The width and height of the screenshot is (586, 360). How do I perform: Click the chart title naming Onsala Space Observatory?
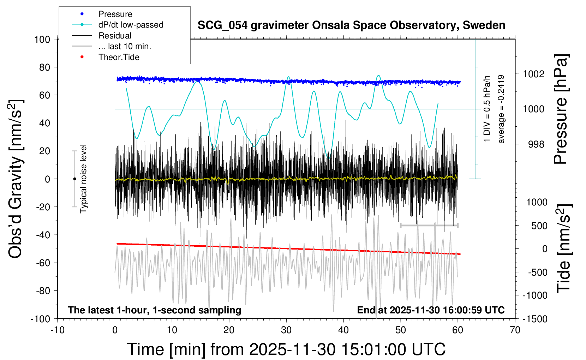351,25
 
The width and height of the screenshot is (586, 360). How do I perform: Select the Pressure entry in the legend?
115,14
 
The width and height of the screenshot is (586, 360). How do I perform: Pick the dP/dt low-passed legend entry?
131,25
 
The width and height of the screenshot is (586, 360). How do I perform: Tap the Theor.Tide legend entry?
119,57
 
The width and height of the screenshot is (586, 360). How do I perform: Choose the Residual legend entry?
115,36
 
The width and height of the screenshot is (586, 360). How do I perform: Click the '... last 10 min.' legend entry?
125,46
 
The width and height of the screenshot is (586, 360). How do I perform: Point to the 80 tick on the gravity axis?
44,67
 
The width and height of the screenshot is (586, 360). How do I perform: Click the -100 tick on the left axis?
40,319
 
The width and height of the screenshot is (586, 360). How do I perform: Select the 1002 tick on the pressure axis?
533,74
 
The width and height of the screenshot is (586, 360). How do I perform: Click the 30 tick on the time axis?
286,330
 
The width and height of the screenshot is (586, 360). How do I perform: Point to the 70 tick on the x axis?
515,330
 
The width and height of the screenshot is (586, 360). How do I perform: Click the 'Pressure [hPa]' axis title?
561,109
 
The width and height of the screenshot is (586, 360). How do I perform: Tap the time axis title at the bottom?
286,349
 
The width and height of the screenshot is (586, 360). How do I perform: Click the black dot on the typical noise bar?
74,179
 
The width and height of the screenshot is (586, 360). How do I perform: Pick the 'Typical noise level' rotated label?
83,179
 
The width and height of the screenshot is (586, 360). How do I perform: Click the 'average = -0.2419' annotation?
501,109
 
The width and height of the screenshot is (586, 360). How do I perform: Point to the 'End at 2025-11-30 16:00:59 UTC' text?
431,310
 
